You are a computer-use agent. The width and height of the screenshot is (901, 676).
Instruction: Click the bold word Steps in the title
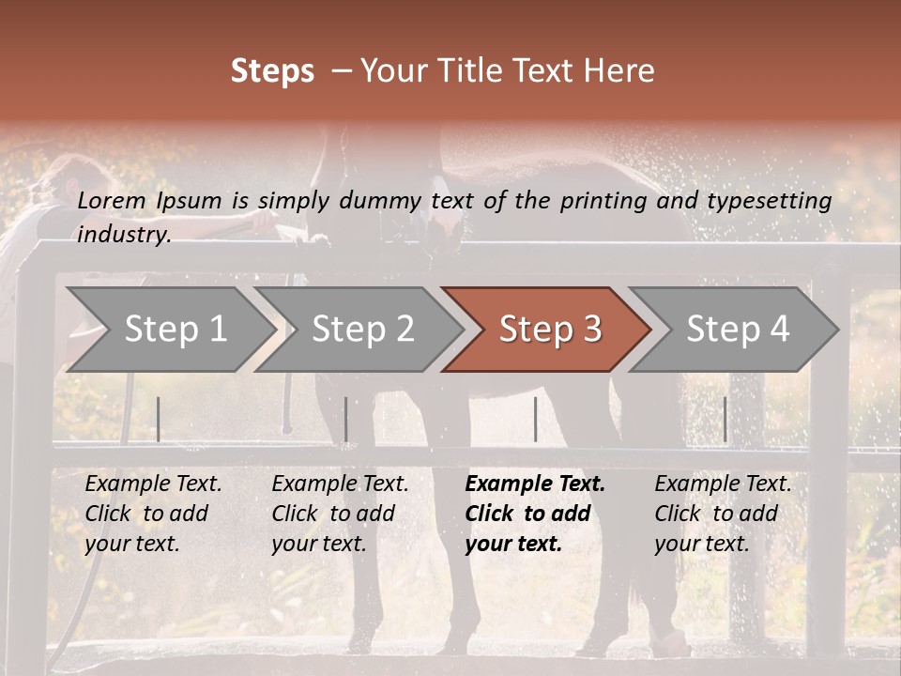[x=272, y=71]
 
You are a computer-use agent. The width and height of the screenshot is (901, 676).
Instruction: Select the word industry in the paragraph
[x=123, y=235]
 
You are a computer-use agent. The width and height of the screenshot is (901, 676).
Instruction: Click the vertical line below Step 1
[x=158, y=419]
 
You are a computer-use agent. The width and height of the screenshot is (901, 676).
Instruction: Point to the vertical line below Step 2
[x=345, y=419]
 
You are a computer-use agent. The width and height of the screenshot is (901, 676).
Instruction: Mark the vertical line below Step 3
[x=535, y=419]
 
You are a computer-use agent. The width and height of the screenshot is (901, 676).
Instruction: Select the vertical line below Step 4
[x=725, y=419]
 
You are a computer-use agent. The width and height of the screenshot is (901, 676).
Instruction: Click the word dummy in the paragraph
[x=381, y=201]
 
